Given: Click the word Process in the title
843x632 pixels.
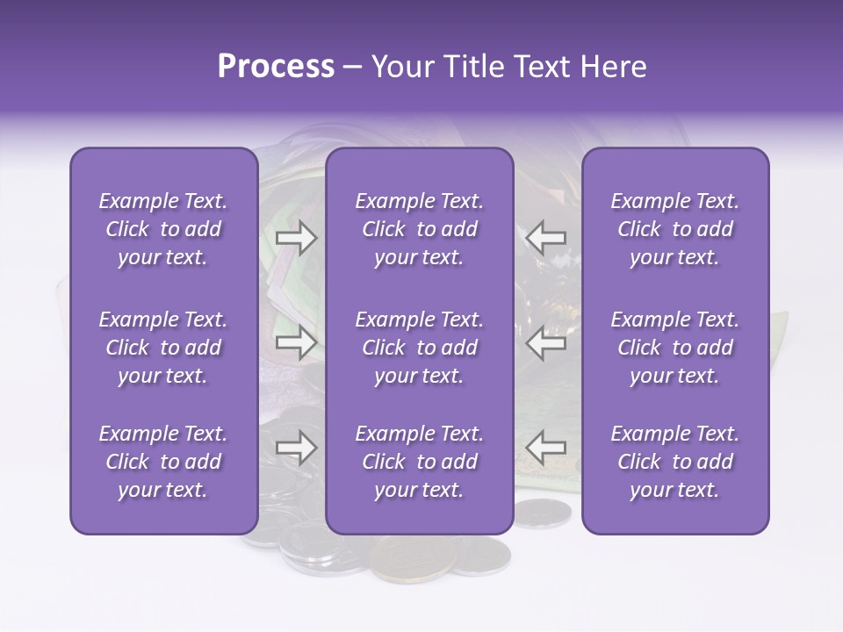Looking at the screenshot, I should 276,67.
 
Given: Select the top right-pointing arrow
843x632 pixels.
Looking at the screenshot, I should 297,237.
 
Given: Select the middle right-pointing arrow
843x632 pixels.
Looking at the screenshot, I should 297,343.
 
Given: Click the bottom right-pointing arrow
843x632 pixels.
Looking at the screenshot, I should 297,448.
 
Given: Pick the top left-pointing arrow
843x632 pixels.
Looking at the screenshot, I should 546,237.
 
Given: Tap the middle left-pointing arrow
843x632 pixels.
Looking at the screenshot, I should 546,343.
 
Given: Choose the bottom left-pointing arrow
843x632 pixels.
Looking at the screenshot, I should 546,448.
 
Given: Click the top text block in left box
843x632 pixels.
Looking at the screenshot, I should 163,229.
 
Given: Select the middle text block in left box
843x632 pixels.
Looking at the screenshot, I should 163,348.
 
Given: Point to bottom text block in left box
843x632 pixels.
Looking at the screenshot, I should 163,462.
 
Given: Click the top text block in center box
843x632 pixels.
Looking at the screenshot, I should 419,229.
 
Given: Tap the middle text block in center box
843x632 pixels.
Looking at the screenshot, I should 419,348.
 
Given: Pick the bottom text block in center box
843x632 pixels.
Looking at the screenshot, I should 419,462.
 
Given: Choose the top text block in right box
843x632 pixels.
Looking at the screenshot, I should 674,229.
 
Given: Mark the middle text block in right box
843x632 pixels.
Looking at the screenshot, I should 674,348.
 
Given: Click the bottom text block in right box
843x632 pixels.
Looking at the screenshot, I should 674,462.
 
